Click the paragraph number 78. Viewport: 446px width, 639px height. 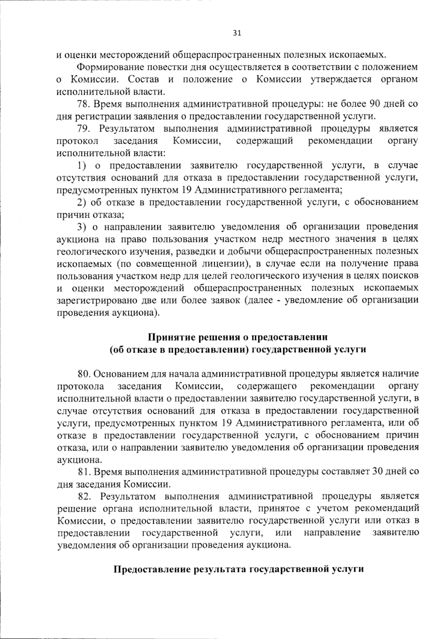click(x=84, y=104)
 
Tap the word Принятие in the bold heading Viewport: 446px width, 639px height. click(x=168, y=337)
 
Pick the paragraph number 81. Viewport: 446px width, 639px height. click(x=84, y=472)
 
